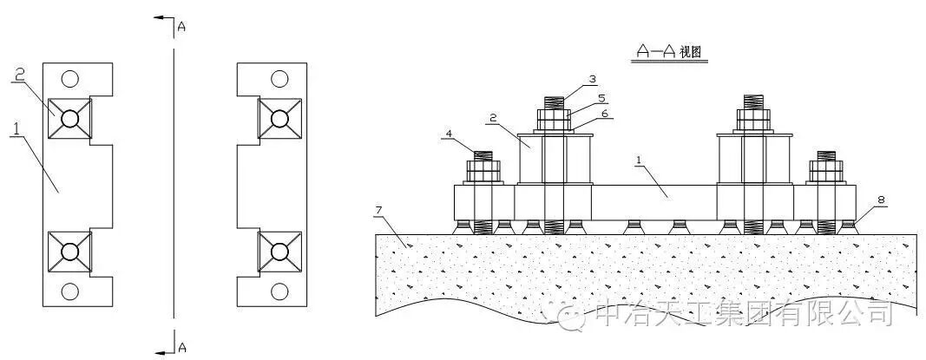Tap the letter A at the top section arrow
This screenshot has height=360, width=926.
coord(181,27)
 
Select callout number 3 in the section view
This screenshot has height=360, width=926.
coord(592,79)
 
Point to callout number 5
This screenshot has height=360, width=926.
coord(601,98)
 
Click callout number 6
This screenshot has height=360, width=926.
coord(605,114)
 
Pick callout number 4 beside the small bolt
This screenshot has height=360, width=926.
coord(449,134)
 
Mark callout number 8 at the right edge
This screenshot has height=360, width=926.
coord(881,200)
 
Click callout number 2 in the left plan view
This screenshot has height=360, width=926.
coord(18,75)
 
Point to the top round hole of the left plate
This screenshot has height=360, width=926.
coord(70,79)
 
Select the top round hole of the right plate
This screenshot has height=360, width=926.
coord(279,79)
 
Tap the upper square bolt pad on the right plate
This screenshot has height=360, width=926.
coord(279,118)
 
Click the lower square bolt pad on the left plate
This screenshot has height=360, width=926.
coord(70,252)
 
